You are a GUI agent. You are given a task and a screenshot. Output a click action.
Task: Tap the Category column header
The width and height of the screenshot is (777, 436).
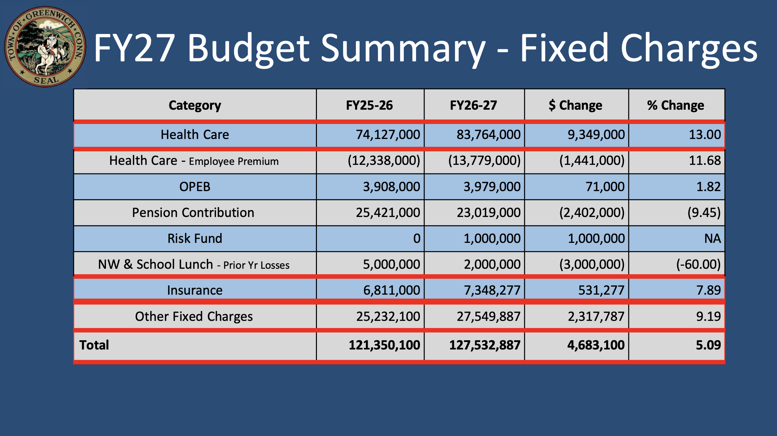[195, 105]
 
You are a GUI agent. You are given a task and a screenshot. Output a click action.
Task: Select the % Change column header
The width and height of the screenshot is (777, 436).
[675, 105]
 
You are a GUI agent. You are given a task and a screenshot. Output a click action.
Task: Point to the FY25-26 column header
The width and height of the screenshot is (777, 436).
[369, 105]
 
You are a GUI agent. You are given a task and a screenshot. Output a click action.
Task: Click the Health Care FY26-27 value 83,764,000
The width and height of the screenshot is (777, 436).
[488, 135]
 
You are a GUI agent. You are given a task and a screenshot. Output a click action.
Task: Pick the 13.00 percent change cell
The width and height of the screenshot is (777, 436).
[704, 135]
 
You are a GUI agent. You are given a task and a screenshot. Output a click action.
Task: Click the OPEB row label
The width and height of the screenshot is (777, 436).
[195, 187]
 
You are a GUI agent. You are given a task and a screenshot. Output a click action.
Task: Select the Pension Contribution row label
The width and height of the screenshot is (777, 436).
[193, 213]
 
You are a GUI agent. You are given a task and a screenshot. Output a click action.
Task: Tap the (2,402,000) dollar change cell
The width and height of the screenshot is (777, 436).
[592, 213]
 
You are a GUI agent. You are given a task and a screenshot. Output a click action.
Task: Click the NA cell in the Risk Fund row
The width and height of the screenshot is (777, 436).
[712, 238]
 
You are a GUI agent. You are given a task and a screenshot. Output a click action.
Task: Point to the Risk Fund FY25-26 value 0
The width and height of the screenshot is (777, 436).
[416, 238]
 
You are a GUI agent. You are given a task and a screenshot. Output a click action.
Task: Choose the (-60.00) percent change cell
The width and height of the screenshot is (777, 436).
[698, 264]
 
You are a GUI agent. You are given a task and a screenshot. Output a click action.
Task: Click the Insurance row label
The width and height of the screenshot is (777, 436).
[195, 290]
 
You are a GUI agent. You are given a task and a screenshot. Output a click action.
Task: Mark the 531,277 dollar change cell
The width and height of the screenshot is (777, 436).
[601, 290]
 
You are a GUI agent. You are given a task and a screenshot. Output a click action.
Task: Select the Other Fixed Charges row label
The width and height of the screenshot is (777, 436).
[194, 316]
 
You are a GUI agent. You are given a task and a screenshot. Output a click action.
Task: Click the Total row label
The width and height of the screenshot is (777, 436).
[94, 345]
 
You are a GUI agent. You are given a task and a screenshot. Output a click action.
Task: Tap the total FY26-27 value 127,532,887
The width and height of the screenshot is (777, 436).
[485, 345]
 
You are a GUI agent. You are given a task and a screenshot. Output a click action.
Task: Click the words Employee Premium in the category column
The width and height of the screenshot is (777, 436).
[234, 161]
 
